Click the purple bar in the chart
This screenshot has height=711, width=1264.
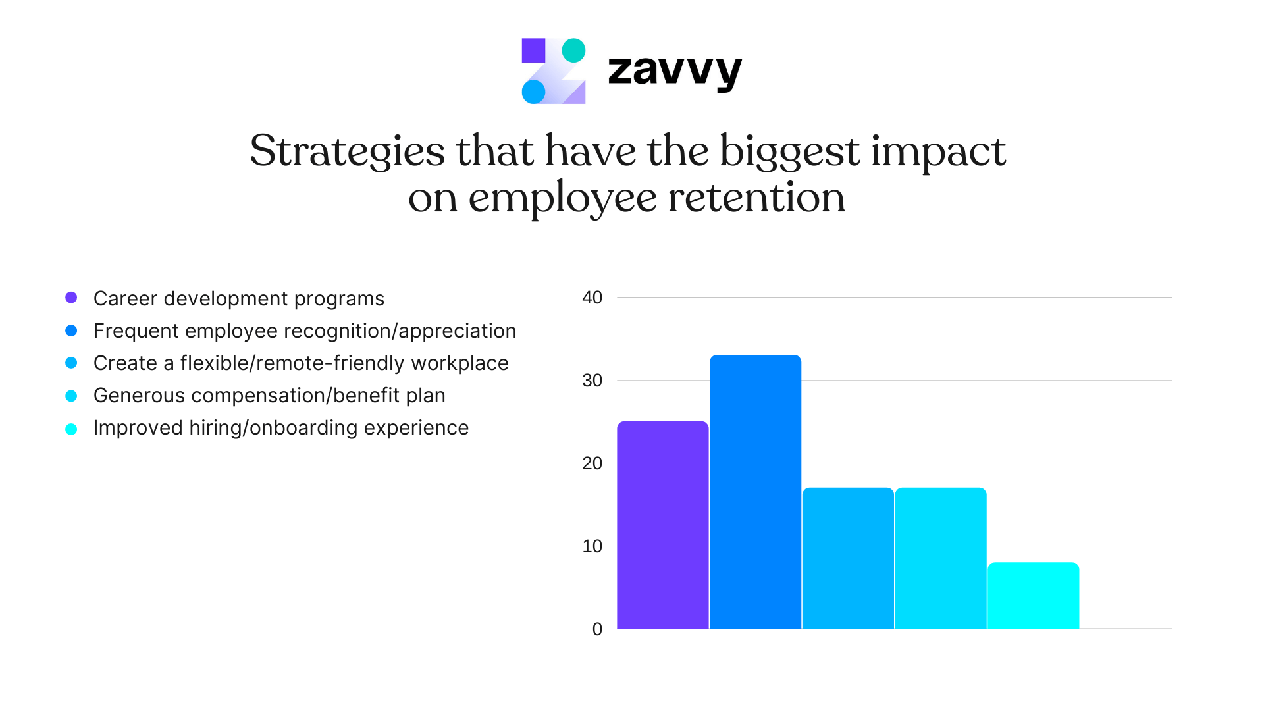(x=662, y=525)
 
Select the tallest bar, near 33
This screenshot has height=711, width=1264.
(x=755, y=492)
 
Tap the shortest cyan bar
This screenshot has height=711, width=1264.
(x=1033, y=596)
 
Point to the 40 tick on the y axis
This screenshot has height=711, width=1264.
(x=592, y=298)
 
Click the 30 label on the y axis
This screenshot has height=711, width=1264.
(x=592, y=381)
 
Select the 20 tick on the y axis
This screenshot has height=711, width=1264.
(x=592, y=463)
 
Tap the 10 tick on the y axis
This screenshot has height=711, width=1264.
(x=592, y=546)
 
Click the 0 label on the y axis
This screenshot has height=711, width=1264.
(x=597, y=629)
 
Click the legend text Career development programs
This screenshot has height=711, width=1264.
(x=238, y=299)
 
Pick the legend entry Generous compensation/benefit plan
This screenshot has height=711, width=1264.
(x=269, y=396)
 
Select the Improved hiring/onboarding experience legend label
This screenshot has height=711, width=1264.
(x=280, y=428)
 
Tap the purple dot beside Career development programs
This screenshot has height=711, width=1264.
(x=71, y=298)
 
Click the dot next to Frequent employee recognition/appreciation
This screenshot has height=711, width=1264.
(x=71, y=330)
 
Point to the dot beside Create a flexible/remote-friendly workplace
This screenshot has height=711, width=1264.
(x=71, y=363)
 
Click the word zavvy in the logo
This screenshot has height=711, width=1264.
(x=675, y=70)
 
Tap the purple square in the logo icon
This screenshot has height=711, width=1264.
(x=533, y=50)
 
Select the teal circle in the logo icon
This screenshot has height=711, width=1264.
(x=573, y=50)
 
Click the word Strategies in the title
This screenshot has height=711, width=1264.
(x=347, y=151)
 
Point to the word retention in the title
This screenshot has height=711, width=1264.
(x=756, y=197)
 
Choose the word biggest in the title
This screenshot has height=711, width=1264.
(x=789, y=151)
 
